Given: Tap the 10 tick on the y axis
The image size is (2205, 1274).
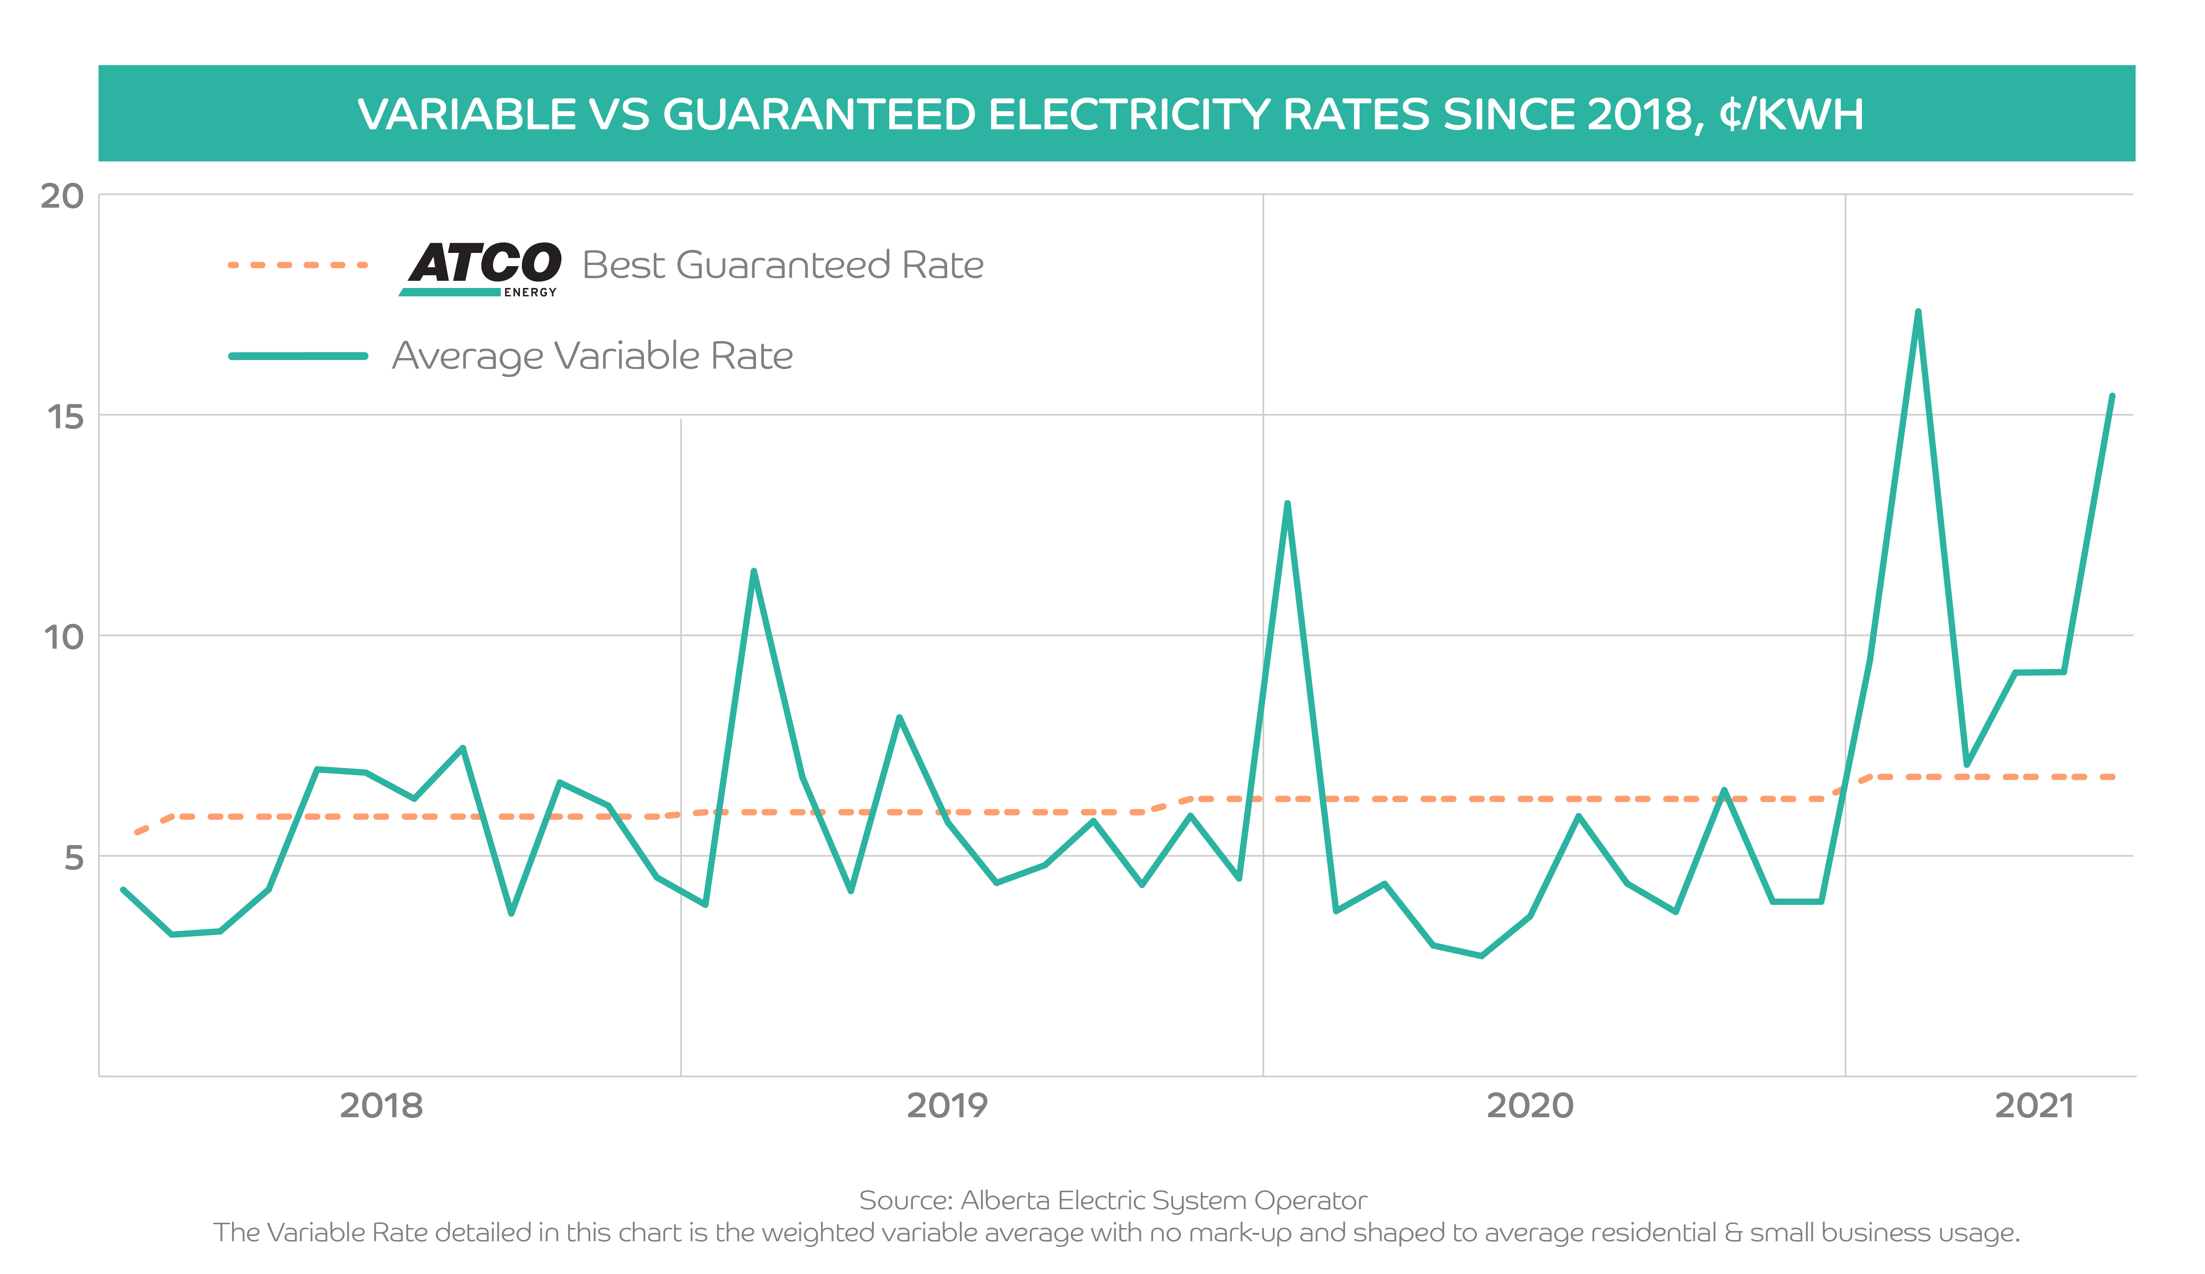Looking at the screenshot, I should [63, 638].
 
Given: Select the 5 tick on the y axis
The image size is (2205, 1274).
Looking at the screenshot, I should [74, 858].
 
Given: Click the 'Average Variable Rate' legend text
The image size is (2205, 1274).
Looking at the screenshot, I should [592, 356].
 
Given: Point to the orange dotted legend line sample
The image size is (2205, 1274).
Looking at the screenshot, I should [297, 264].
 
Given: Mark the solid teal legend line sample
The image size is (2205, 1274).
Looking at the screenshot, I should [297, 356].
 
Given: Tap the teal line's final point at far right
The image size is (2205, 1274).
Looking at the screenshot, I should [2112, 397].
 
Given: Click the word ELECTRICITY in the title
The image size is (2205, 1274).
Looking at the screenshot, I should [1129, 115].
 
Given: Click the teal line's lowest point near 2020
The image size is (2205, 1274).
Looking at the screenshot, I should [1481, 955].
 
